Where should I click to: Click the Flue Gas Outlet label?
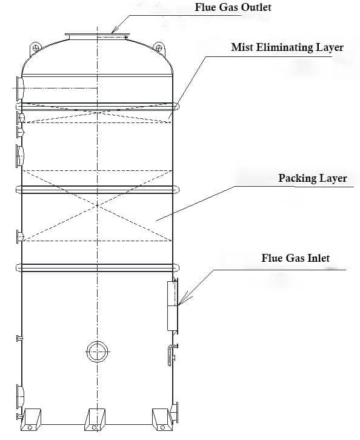pos(233,7)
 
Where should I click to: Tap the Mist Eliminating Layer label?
pos(287,47)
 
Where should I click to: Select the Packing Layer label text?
pos(312,178)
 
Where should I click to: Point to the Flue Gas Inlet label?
pos(296,258)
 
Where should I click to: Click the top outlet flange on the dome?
pos(97,36)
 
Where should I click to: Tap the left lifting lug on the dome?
pos(36,49)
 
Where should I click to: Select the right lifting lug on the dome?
pos(159,49)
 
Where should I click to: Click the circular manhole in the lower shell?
pos(97,352)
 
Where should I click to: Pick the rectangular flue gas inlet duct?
pos(173,305)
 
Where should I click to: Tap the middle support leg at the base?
pos(95,419)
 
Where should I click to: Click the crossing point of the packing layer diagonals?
pos(97,205)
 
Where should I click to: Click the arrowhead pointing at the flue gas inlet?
pos(181,301)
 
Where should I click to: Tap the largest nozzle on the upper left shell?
pos(19,88)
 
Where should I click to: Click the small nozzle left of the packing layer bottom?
pos(19,237)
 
